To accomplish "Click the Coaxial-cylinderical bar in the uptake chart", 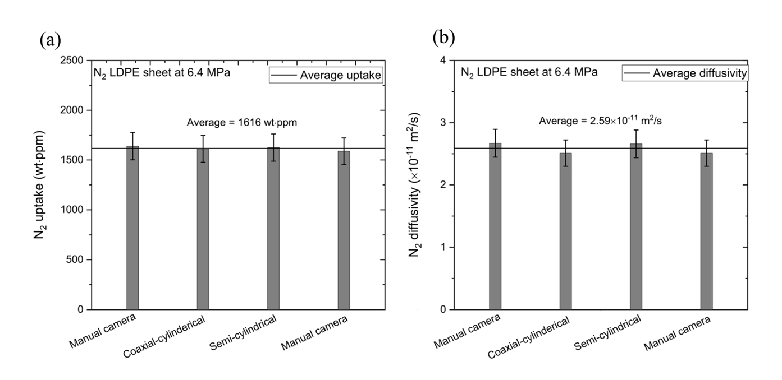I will click(x=203, y=230).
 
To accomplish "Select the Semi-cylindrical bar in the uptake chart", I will click(x=273, y=230).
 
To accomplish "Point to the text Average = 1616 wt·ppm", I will click(x=241, y=123).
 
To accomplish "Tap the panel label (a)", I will click(x=50, y=41).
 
